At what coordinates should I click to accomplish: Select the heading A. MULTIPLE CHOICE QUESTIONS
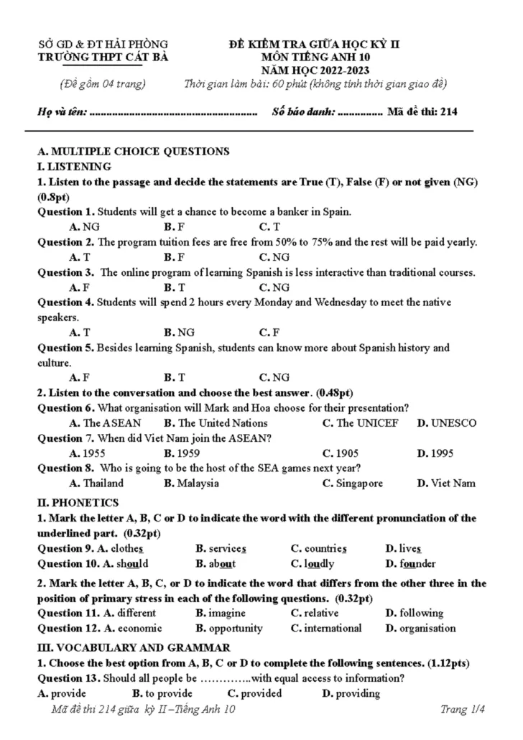coord(133,152)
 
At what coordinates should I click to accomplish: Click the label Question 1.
coord(65,212)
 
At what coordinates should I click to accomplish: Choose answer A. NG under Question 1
coord(85,227)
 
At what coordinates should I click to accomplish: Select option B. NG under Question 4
coord(180,333)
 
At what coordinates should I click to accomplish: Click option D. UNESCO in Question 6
coord(446,423)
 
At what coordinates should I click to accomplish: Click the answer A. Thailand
coord(96,484)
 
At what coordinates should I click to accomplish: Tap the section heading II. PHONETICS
coord(78,502)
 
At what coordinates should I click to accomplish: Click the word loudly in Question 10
coord(318,563)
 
